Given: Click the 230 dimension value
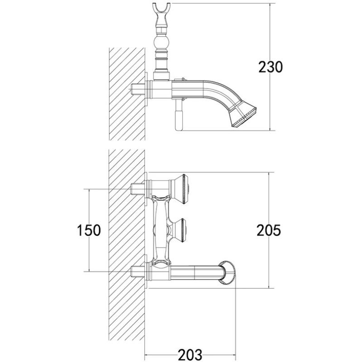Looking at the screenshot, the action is coord(270,67).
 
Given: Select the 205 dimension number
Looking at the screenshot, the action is coord(269,230).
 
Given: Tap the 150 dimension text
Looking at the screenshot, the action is coord(89,230).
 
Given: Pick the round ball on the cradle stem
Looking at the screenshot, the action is coord(162,43).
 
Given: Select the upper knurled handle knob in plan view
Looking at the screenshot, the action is coord(183,189).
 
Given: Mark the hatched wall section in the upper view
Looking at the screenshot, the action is coord(127,94).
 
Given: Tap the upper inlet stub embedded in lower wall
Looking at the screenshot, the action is coord(138,189).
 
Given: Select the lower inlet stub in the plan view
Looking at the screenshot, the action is coord(138,271).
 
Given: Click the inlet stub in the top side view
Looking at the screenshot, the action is coord(138,89).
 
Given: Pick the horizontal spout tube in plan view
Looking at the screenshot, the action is coord(196,272).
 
